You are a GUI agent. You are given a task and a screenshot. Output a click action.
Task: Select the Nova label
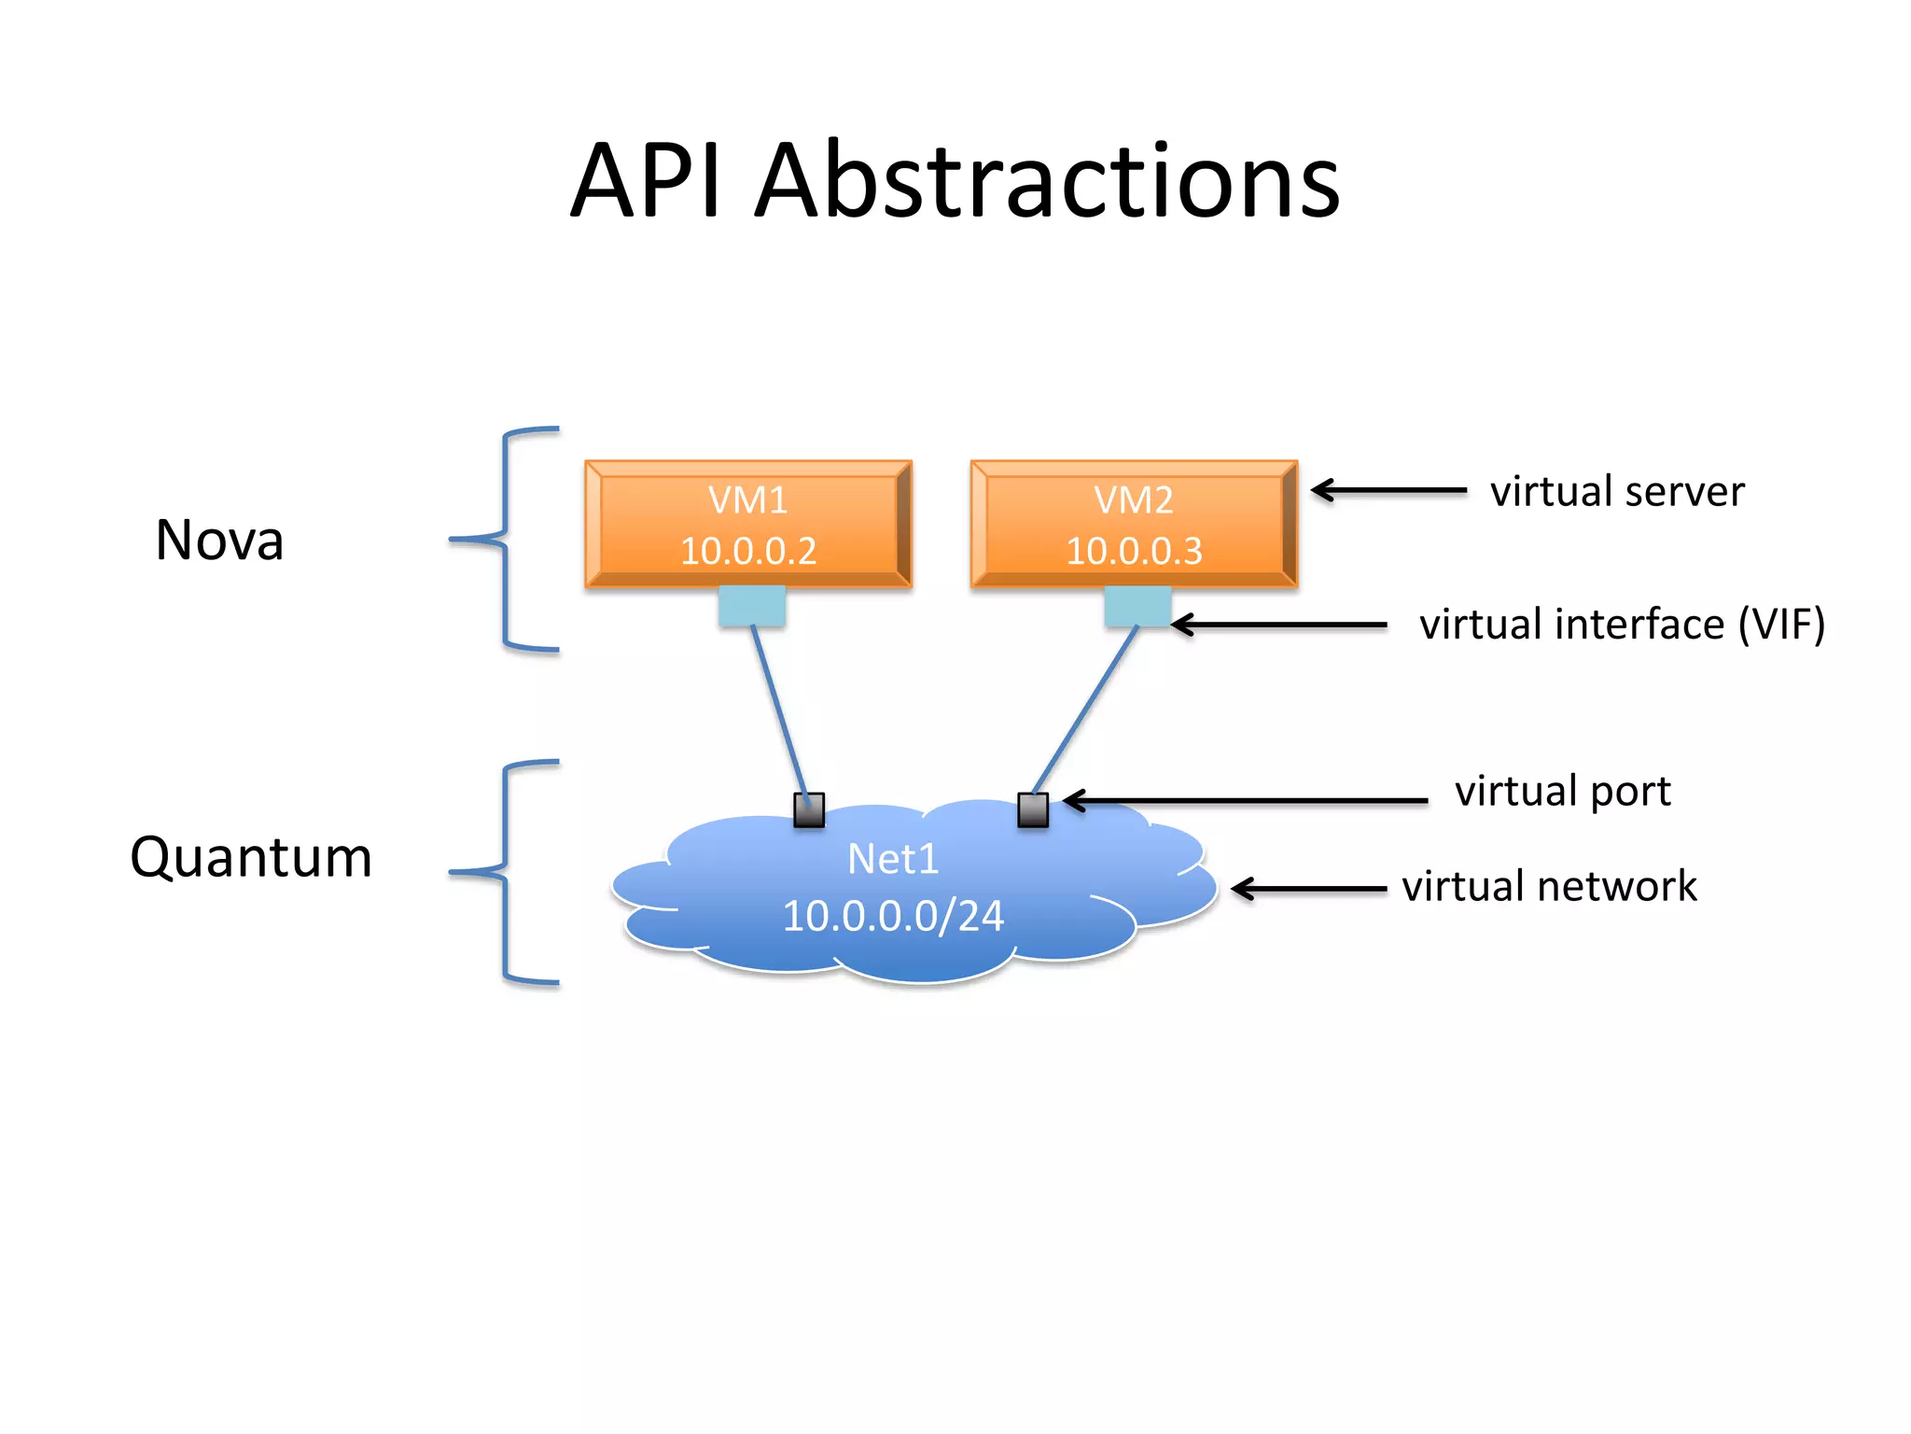click(219, 541)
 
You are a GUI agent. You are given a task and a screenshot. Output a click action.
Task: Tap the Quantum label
click(251, 857)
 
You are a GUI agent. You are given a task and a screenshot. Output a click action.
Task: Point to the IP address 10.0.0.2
click(748, 551)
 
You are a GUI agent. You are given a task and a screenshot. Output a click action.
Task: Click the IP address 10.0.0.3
click(1134, 551)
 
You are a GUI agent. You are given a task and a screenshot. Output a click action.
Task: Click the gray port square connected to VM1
click(809, 809)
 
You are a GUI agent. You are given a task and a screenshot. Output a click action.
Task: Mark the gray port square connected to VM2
click(1033, 809)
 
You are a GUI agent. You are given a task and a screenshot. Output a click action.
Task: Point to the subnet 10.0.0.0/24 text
click(893, 916)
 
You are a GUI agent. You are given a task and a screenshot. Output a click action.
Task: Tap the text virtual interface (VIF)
click(1622, 625)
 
